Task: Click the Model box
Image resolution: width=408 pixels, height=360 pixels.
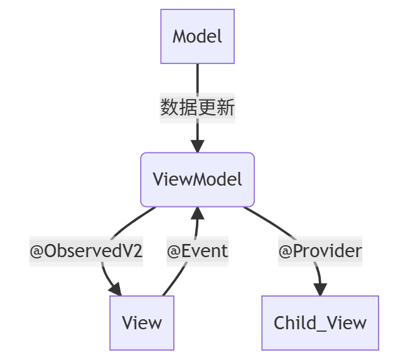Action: [197, 36]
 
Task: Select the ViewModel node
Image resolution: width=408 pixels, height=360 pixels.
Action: [197, 179]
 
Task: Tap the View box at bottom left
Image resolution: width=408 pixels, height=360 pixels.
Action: [142, 323]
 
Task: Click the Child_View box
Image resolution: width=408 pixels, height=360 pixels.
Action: [320, 323]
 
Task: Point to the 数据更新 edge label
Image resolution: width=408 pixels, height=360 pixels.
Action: [197, 108]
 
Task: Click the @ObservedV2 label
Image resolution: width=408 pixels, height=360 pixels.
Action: [87, 251]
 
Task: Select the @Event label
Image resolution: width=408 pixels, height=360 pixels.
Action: [197, 251]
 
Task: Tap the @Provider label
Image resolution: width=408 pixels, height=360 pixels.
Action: [320, 251]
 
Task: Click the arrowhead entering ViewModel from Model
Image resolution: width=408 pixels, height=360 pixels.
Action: [197, 147]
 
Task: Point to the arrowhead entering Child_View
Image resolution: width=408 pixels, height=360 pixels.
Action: [320, 290]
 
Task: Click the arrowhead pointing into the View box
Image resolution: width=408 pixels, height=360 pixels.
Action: [115, 289]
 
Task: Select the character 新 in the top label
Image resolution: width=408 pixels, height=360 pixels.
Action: [225, 108]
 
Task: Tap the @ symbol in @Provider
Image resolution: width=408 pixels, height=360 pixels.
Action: [286, 251]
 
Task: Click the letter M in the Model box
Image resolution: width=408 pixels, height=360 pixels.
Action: [180, 36]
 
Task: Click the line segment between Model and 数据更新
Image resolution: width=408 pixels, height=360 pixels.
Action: [197, 78]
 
